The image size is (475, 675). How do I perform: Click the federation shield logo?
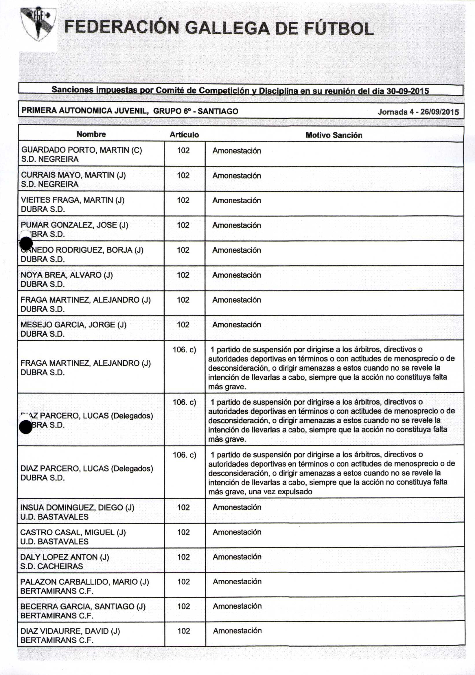point(38,24)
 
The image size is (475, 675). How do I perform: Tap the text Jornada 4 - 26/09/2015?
point(418,112)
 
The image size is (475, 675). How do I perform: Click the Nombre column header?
point(91,134)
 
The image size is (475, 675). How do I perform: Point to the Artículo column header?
point(184,135)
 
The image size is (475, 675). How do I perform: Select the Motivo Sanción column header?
point(334,135)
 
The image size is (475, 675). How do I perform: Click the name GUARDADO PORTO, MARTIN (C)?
point(82,150)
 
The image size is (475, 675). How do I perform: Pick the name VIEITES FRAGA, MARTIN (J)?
point(72,200)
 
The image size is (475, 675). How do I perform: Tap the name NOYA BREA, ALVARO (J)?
point(67,275)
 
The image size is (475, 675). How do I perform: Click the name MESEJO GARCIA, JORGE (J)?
point(73,325)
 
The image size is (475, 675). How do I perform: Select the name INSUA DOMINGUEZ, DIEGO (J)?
point(77,508)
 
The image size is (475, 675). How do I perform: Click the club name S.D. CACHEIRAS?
point(51,566)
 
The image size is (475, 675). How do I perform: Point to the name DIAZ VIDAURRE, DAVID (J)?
point(70,631)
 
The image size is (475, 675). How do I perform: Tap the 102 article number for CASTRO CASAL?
point(183,532)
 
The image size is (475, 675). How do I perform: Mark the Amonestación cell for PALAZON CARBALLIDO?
point(237,581)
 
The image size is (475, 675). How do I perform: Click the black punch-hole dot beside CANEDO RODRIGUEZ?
point(26,243)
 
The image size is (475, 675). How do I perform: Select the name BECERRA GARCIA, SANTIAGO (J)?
point(83,606)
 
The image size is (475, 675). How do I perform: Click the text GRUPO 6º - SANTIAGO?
point(196,111)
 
